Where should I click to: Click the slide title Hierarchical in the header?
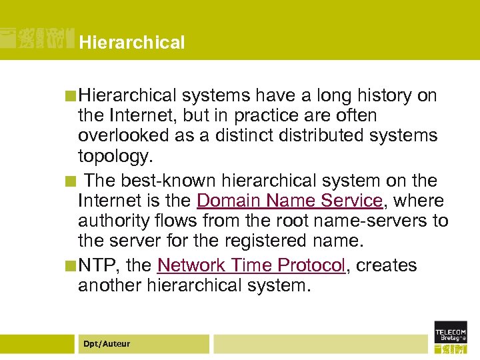point(131,43)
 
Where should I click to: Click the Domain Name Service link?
point(289,201)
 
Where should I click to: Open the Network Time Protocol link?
point(251,265)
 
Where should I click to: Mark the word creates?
point(387,265)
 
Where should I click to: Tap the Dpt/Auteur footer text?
point(107,344)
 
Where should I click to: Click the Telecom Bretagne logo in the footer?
point(451,337)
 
